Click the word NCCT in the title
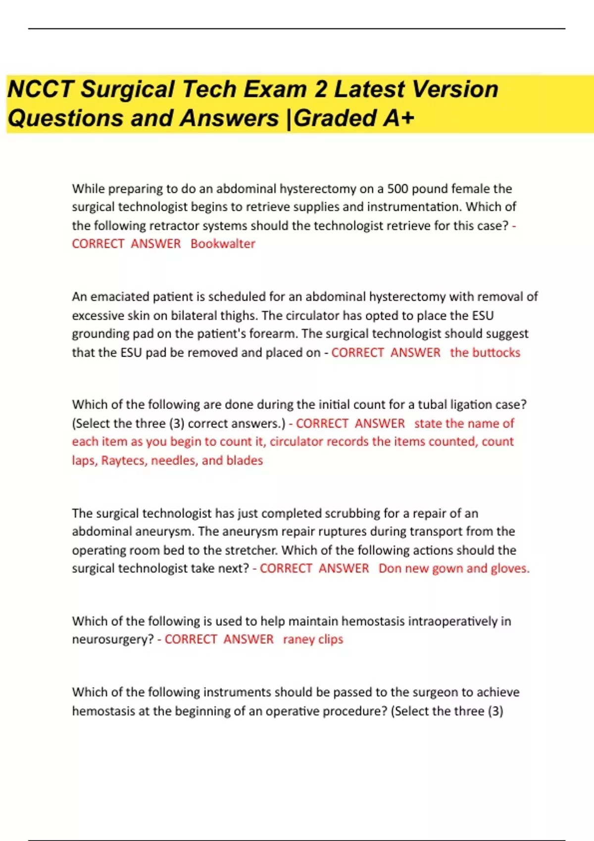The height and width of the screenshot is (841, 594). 40,90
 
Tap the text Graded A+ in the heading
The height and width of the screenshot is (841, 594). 353,118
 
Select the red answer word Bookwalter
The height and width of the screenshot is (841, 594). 223,244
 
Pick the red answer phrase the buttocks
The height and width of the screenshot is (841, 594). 485,353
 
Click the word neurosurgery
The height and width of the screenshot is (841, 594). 113,640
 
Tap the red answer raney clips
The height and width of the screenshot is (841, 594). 313,640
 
